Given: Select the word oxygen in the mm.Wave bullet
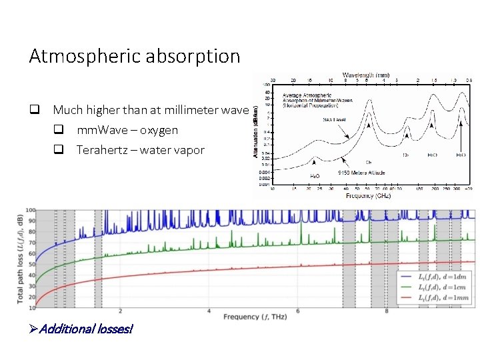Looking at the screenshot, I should click(x=159, y=130).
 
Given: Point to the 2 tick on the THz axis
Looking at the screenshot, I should click(x=120, y=311).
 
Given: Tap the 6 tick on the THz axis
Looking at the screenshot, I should click(x=298, y=311).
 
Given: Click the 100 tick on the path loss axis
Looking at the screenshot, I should click(x=30, y=211).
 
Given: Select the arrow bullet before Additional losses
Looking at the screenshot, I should click(x=34, y=328).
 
